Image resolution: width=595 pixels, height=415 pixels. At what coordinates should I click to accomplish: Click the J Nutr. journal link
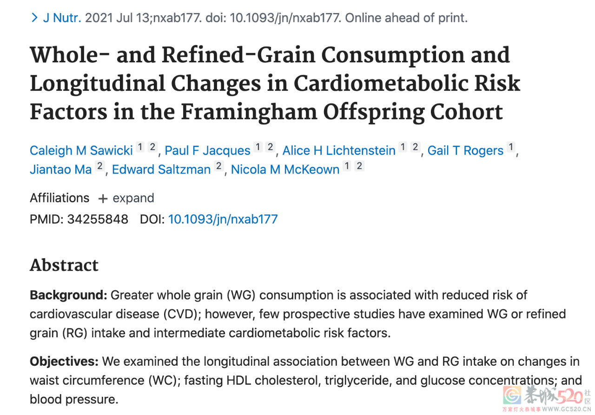tap(62, 18)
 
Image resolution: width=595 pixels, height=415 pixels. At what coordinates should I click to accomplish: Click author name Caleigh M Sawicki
tap(81, 150)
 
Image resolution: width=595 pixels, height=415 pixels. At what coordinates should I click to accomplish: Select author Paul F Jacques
tap(207, 150)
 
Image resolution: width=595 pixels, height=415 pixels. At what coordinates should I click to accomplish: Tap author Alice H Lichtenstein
tap(339, 150)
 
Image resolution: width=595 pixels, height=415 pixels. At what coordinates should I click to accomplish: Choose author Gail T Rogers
tap(465, 150)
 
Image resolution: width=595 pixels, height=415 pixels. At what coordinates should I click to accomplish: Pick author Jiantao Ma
tap(60, 169)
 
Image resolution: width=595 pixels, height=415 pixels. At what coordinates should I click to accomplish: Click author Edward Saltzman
tap(161, 169)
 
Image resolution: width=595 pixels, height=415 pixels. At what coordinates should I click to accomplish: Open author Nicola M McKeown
tap(285, 169)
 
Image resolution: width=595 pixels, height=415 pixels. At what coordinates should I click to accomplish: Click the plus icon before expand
tap(103, 199)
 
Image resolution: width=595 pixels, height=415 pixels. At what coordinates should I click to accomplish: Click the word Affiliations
tap(59, 198)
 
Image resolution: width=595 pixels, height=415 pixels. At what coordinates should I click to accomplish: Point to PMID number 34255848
tap(98, 219)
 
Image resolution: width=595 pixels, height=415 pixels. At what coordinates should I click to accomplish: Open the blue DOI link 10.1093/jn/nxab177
tap(223, 219)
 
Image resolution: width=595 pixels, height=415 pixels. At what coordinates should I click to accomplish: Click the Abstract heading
tap(64, 265)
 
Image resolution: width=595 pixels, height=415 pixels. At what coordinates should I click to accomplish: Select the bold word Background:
tap(68, 295)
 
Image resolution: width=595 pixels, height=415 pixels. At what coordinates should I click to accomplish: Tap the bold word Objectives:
tap(64, 361)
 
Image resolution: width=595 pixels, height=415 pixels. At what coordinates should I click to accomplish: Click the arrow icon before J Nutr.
tap(34, 18)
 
